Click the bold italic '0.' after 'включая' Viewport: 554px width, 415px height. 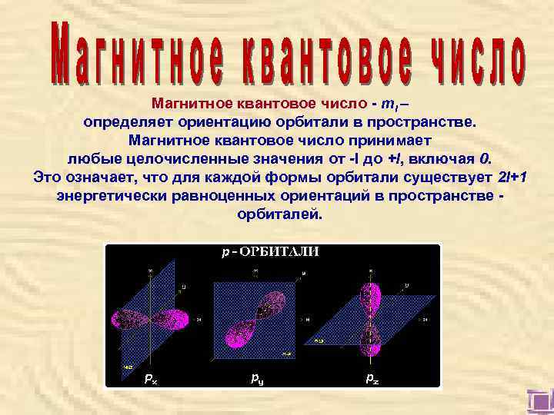click(x=483, y=159)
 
